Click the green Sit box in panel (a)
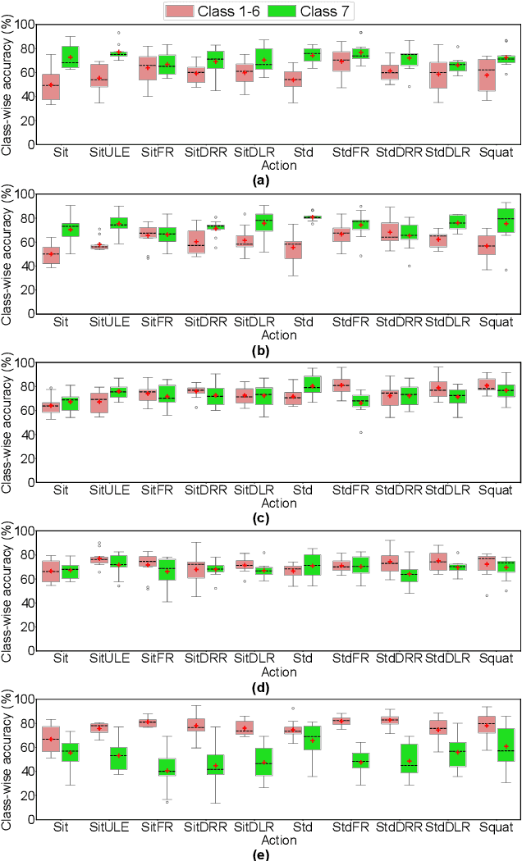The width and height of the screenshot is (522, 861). click(x=70, y=57)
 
